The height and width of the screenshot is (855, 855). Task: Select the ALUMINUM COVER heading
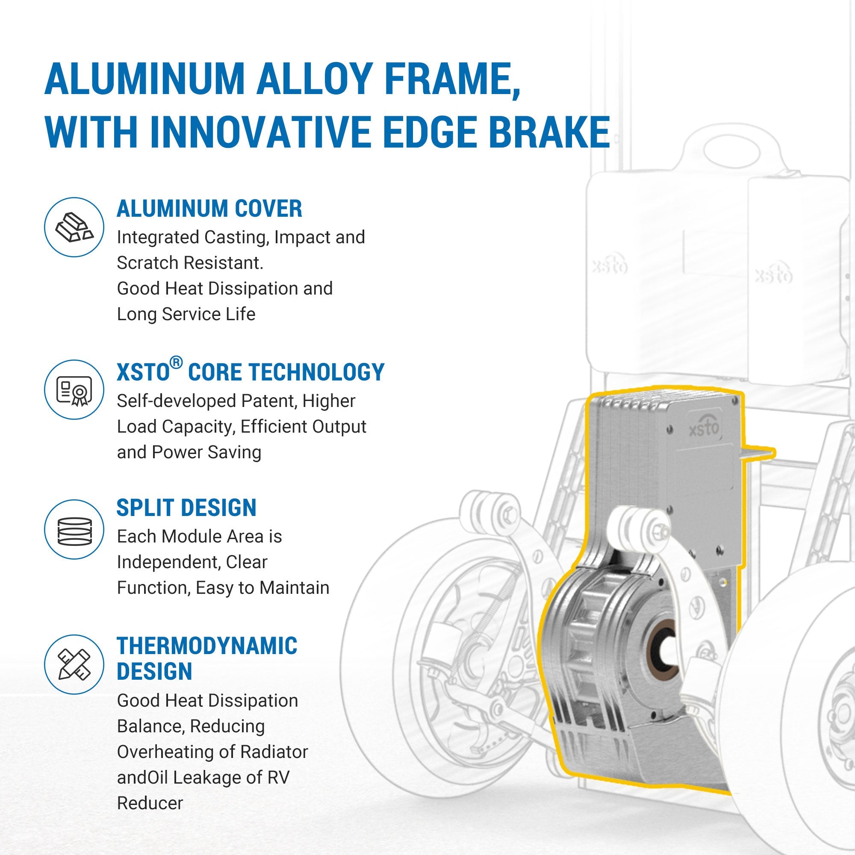pos(209,209)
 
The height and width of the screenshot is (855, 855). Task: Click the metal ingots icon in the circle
pos(74,227)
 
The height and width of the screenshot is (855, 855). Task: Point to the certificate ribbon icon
pos(74,390)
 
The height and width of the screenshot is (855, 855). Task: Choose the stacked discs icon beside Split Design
pos(74,529)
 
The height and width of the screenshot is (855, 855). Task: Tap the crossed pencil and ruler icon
pos(74,664)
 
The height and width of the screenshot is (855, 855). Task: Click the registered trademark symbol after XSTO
pos(176,363)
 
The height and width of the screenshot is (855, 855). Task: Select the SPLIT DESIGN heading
pos(186,507)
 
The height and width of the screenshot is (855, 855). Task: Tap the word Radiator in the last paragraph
pos(274,752)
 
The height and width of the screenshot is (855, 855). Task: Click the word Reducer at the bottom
pos(150,803)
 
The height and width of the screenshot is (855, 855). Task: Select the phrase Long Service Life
pos(186,314)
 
